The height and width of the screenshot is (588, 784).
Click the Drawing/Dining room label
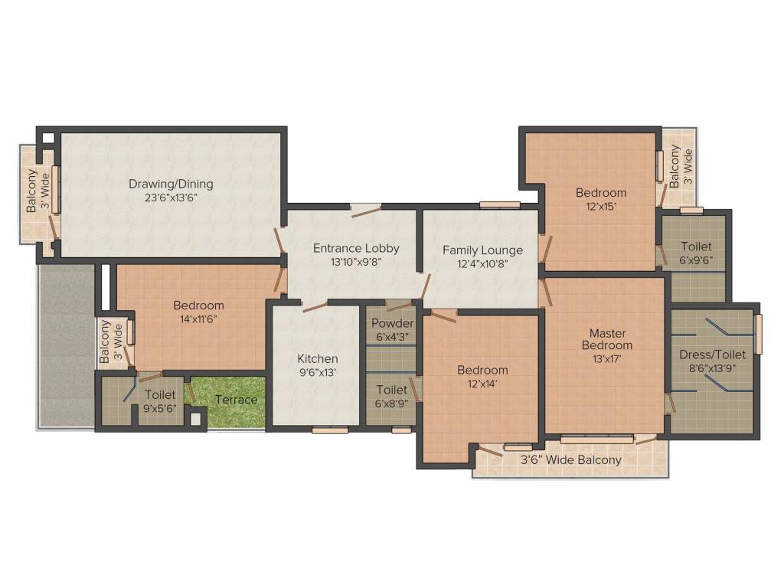click(171, 184)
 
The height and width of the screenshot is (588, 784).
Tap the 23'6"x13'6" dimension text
click(171, 197)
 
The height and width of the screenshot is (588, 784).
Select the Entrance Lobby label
click(356, 248)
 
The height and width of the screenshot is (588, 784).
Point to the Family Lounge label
click(482, 250)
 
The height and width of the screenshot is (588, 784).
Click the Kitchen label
click(318, 358)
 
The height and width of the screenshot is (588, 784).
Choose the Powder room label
click(392, 324)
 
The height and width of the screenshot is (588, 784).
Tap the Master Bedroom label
click(607, 339)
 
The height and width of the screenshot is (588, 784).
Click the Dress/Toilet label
click(712, 354)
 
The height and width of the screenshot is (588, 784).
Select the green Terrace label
click(236, 400)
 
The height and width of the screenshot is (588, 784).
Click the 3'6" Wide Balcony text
click(571, 460)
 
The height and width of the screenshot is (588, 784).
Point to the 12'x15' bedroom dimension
click(601, 206)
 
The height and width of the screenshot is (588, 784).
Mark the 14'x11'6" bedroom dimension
click(198, 318)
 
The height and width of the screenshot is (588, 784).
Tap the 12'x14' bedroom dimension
click(482, 384)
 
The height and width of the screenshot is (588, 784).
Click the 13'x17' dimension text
click(607, 358)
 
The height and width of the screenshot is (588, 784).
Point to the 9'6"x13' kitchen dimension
click(318, 372)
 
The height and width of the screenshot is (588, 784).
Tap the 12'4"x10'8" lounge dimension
click(482, 263)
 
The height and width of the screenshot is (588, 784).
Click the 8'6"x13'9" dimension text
click(712, 367)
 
